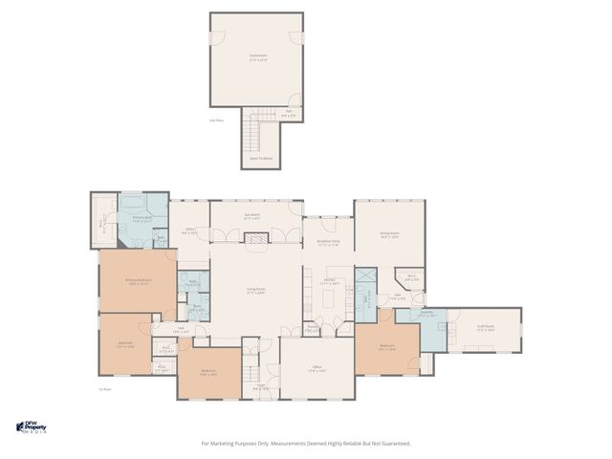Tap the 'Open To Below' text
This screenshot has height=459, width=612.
click(256, 160)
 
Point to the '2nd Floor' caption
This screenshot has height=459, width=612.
click(216, 120)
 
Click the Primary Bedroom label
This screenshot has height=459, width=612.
click(139, 281)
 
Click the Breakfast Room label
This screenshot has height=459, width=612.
click(328, 244)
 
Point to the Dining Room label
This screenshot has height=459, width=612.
click(388, 233)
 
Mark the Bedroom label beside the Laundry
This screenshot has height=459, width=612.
click(386, 347)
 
